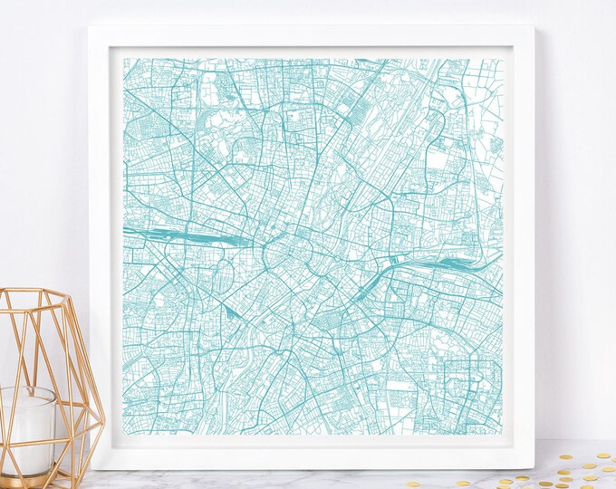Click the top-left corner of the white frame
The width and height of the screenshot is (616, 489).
coord(90,26)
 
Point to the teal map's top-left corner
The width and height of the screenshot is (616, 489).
coord(123,60)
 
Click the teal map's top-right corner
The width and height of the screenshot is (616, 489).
coord(501,60)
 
